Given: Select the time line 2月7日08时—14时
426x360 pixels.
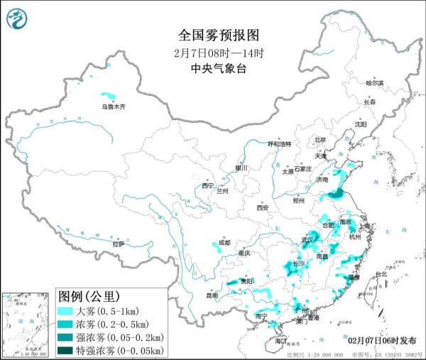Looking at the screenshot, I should click(x=214, y=53).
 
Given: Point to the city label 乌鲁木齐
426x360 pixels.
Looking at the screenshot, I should click(x=112, y=107).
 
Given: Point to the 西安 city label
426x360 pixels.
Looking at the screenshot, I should click(x=262, y=207).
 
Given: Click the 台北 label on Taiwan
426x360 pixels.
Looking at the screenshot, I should click(x=381, y=274).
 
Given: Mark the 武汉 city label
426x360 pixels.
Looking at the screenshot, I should click(x=307, y=239).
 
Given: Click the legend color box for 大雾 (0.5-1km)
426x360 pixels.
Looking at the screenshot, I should click(x=67, y=311).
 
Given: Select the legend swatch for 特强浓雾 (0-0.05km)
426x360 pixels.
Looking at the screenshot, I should click(x=67, y=350).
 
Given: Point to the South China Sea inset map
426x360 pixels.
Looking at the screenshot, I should click(x=28, y=323).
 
